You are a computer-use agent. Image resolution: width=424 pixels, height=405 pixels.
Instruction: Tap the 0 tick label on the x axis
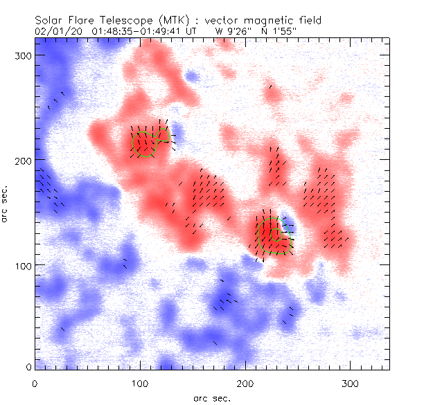(x=35, y=382)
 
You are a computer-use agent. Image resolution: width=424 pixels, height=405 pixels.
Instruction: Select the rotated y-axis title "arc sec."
(x=6, y=204)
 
